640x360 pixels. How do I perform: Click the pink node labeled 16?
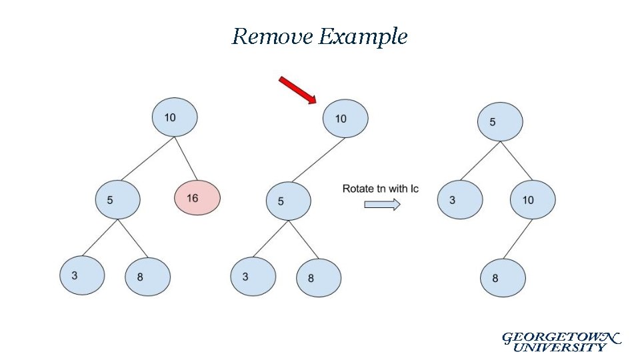pos(197,198)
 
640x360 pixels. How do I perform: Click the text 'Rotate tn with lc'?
pos(380,189)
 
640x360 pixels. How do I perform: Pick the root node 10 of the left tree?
pos(174,118)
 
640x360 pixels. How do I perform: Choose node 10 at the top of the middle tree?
pos(345,119)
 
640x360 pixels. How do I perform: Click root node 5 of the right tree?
pos(500,122)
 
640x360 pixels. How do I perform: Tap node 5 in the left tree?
pos(117,199)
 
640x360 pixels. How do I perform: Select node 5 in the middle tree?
pos(288,201)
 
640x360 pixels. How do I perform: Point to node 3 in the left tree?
pos(82,275)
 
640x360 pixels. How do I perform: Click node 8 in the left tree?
pos(147,277)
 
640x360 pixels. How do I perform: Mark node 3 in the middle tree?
pos(253,276)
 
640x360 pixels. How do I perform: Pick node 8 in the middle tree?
pos(318,278)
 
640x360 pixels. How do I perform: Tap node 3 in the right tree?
pos(459,199)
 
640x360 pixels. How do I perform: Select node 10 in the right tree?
pos(533,199)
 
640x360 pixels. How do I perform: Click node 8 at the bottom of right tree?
pos(503,278)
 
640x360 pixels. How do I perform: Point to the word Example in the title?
pos(363,37)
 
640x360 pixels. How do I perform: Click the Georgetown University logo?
pos(560,341)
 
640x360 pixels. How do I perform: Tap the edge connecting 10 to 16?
pos(185,160)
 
